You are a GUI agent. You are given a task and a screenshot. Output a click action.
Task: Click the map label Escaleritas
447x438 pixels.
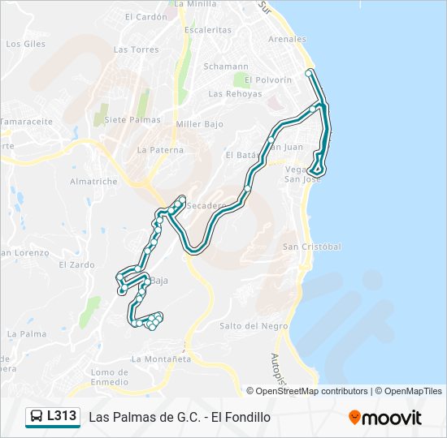tap(208, 30)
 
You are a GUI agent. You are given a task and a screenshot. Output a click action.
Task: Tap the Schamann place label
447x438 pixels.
tap(226, 67)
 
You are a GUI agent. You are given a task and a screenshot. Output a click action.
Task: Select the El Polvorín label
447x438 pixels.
tap(267, 80)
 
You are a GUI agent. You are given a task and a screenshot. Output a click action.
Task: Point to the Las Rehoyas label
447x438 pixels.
tap(235, 94)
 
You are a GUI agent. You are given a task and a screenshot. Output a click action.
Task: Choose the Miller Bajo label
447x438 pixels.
tap(200, 124)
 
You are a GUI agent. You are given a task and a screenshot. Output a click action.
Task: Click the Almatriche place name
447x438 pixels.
tap(93, 182)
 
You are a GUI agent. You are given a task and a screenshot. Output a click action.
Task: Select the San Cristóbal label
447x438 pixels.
tap(311, 247)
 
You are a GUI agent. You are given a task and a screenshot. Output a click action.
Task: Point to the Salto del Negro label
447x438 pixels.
tap(254, 326)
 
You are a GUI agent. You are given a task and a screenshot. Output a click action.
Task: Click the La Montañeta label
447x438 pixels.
tap(161, 359)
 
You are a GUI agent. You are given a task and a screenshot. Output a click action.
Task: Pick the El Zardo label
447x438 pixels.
tap(76, 265)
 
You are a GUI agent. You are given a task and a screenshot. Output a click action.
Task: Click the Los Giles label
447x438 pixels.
tap(25, 44)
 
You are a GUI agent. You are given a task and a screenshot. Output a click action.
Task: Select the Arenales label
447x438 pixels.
tap(288, 39)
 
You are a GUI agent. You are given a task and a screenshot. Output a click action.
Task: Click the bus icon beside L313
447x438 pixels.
tap(37, 417)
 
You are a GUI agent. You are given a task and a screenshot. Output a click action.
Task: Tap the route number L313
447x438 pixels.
tap(62, 417)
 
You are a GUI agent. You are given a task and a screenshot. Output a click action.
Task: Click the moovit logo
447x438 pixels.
tap(385, 418)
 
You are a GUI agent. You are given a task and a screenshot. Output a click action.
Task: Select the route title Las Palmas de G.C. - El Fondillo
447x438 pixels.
tap(179, 418)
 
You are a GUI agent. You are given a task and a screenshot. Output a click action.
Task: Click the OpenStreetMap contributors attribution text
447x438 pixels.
tap(312, 391)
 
